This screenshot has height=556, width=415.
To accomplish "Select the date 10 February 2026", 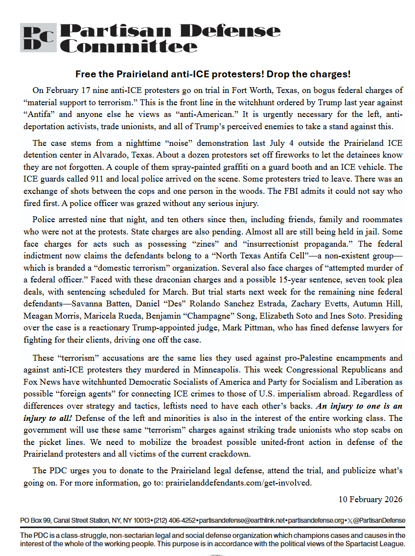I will pyautogui.click(x=370, y=499).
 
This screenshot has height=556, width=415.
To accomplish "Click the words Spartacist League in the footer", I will pyautogui.click(x=376, y=544).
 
